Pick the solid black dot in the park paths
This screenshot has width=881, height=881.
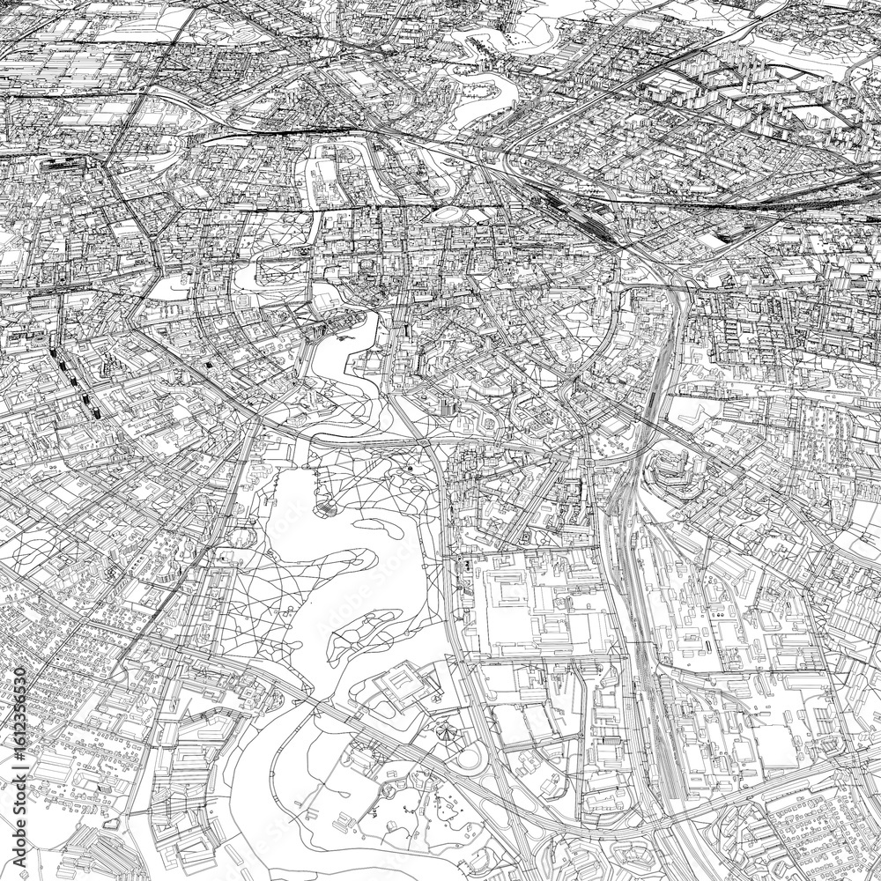tap(411, 470)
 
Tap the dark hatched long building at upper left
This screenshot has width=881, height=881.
tap(53, 163)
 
